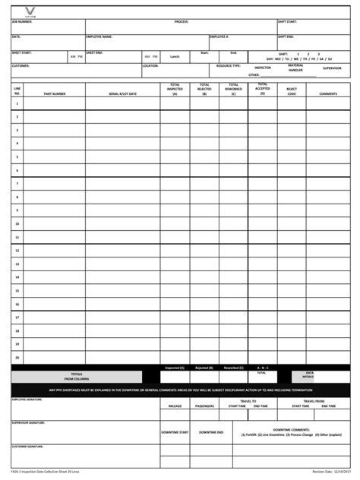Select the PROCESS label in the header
[x=181, y=22]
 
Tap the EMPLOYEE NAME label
[x=99, y=36]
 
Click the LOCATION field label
[x=150, y=66]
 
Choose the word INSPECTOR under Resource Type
[x=262, y=68]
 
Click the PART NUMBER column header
[x=55, y=94]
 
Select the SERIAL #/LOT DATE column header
[x=122, y=94]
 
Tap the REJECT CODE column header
[x=292, y=91]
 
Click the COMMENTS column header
[x=327, y=94]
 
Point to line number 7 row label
[x=17, y=184]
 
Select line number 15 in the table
[x=17, y=291]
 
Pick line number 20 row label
[x=17, y=357]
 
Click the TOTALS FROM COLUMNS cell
[x=76, y=376]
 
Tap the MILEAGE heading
[x=175, y=406]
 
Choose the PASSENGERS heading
[x=204, y=406]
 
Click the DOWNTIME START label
[x=174, y=432]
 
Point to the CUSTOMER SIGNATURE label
[x=27, y=447]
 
